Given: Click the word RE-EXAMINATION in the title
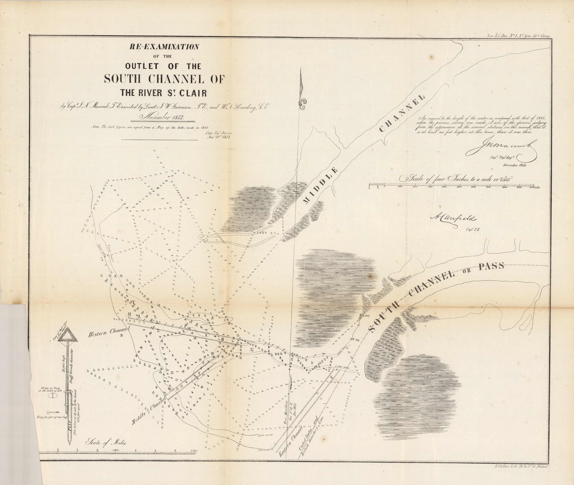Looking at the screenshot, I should (x=164, y=47).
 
